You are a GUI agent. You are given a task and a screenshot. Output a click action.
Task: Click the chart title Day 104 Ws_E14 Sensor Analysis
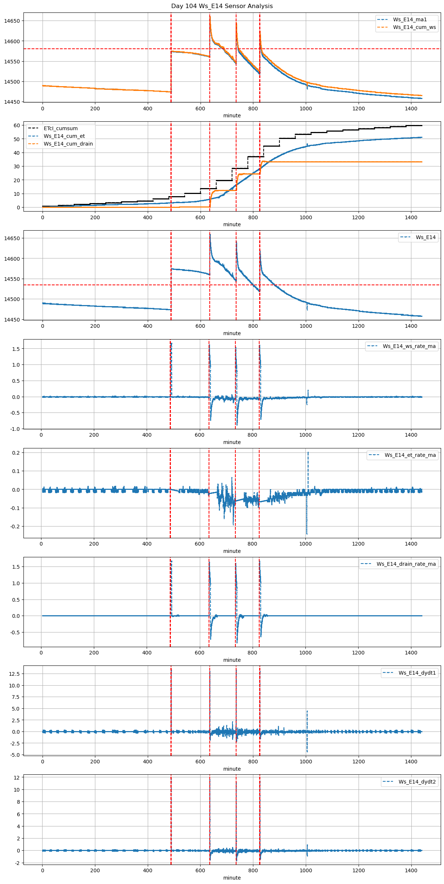point(222,6)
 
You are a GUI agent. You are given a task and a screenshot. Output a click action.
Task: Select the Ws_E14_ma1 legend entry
point(410,19)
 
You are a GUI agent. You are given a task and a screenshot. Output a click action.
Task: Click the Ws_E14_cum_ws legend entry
point(414,27)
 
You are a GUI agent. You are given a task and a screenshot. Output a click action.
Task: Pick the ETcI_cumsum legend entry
point(60,129)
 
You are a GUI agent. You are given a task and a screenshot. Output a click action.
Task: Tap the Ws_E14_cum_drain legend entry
point(68,144)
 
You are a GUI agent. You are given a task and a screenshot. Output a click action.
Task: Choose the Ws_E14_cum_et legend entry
point(64,136)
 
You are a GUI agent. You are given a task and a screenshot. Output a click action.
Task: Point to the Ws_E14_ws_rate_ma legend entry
point(409,346)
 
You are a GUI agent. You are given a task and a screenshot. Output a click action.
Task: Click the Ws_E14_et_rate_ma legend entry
point(410,455)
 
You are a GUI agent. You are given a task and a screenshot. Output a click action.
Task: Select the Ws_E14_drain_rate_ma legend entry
point(406,564)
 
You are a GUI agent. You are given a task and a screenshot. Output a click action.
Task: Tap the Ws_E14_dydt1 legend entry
point(417,673)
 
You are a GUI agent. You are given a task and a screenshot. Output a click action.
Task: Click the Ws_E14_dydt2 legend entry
point(417,782)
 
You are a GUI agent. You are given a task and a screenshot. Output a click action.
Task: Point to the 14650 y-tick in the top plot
point(12,21)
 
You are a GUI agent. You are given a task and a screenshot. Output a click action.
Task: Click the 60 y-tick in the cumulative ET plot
point(16,125)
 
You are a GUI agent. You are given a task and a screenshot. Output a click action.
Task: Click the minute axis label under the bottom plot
point(232,878)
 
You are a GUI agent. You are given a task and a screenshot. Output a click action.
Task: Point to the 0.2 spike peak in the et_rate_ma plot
point(308,453)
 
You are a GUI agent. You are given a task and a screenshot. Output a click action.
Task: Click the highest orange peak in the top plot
point(210,16)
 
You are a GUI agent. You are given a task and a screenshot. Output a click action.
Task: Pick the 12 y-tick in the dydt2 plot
point(17,777)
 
